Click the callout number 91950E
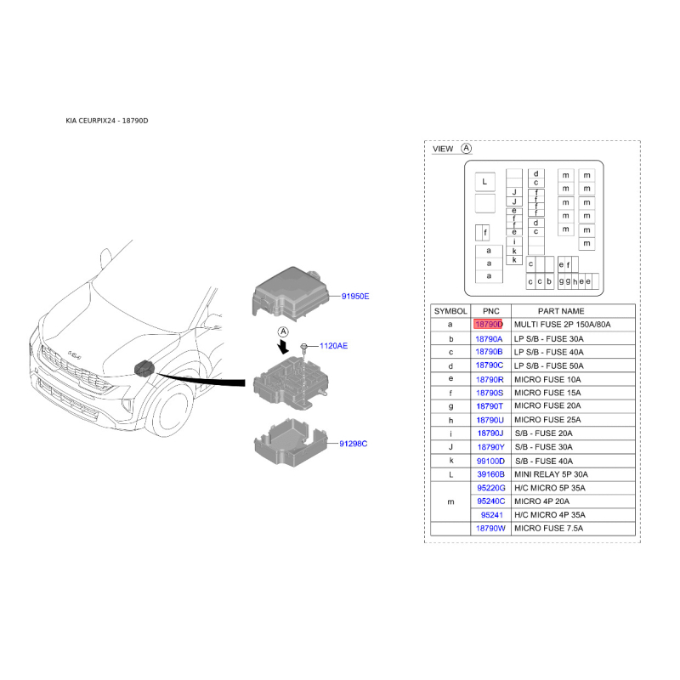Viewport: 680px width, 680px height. pos(355,296)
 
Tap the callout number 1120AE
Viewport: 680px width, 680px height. pos(333,346)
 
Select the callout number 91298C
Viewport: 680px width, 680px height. pos(353,444)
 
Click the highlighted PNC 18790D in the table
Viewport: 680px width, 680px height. pos(488,325)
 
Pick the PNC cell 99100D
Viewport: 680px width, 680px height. pos(490,461)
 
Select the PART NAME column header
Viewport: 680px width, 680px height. pos(561,311)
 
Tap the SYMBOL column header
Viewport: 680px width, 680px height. pos(450,311)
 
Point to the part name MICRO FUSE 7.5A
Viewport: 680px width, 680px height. pos(548,528)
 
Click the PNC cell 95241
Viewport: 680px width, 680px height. pos(492,515)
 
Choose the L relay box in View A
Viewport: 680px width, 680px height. pos(484,182)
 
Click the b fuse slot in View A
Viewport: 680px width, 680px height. pos(549,281)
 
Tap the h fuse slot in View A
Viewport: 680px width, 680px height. pos(575,281)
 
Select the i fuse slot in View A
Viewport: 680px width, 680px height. pos(514,242)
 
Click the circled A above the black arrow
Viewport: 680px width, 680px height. pos(283,331)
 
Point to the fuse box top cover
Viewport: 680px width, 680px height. pos(290,294)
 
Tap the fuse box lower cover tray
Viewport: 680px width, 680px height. pos(290,442)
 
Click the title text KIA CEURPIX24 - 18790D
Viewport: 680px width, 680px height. pos(107,121)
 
